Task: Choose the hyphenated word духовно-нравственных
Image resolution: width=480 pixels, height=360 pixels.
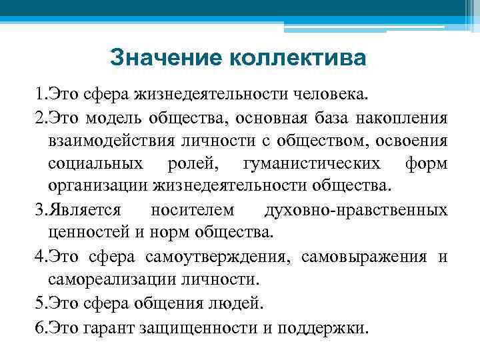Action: (x=356, y=210)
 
